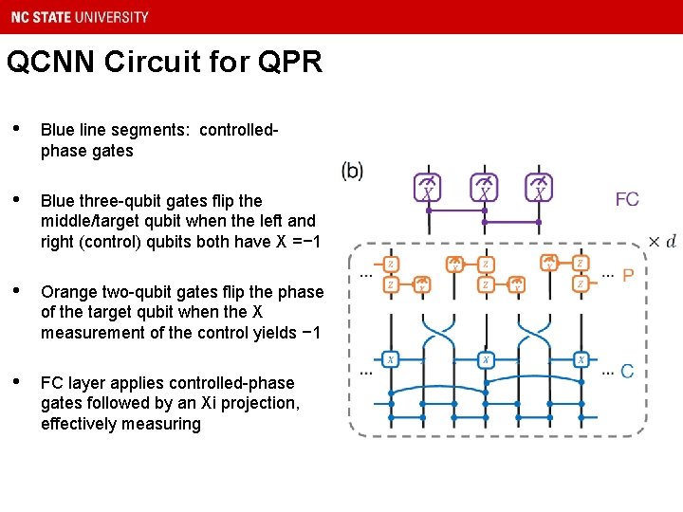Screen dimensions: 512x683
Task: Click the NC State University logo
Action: [x=76, y=16]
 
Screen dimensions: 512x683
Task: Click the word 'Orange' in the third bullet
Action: [x=68, y=292]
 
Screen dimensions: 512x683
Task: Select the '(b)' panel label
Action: [x=352, y=171]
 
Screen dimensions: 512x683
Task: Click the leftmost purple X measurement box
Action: [x=428, y=188]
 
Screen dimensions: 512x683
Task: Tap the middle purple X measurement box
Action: [x=485, y=188]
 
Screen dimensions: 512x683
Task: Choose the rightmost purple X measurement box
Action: [x=540, y=188]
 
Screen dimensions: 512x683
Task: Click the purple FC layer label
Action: [x=627, y=199]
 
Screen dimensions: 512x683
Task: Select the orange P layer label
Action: [x=628, y=276]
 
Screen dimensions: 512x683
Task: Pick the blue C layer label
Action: [x=627, y=371]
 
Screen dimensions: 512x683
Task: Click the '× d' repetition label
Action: [x=661, y=241]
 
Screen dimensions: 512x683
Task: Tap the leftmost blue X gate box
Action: [x=390, y=359]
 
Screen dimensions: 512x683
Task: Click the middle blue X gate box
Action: [x=485, y=359]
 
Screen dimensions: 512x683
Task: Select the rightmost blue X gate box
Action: [x=581, y=359]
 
